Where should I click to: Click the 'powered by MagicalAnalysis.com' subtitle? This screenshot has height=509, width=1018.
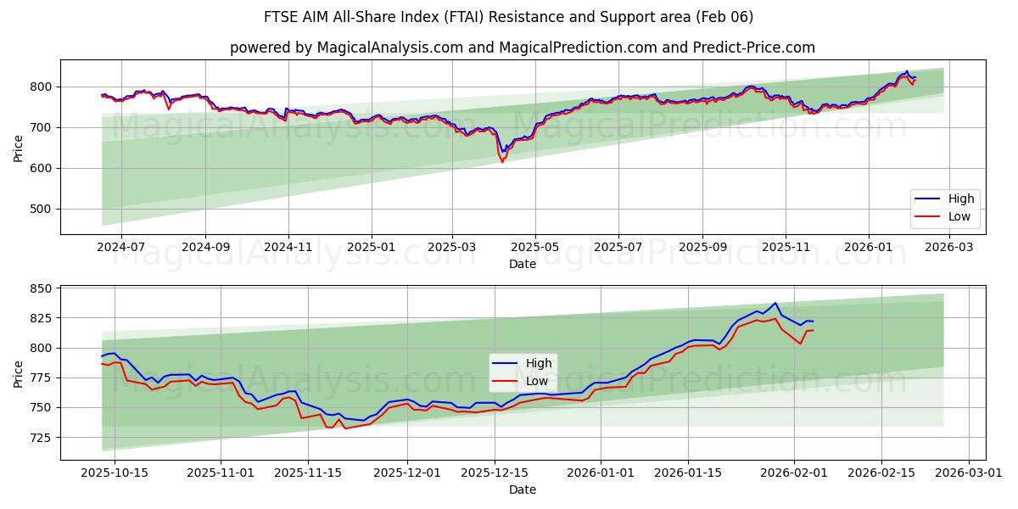click(522, 48)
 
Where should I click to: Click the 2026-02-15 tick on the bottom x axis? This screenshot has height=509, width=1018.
click(879, 472)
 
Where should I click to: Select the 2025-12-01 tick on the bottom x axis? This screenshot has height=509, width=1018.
click(408, 472)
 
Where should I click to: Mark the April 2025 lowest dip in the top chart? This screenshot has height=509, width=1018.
click(502, 160)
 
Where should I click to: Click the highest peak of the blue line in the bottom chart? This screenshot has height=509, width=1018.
click(775, 303)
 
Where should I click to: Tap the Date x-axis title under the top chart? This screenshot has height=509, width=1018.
click(522, 264)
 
